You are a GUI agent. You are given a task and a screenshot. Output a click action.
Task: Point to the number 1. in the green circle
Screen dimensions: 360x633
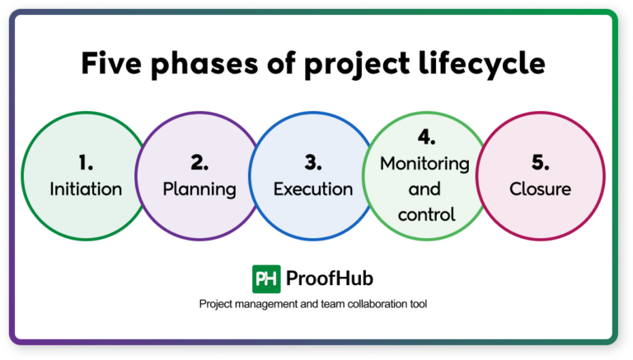(86, 162)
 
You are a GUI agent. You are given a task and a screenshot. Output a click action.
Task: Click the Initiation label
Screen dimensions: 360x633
(86, 189)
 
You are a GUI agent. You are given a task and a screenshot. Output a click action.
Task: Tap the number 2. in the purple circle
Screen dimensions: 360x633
(199, 162)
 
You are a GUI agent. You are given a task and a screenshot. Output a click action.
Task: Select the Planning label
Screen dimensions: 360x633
(199, 189)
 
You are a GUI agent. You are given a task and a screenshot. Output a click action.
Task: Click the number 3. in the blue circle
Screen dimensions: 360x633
(313, 162)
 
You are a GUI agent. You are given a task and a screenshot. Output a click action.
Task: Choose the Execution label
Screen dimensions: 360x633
(313, 189)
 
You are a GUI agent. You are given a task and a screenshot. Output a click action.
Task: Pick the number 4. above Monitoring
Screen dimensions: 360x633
(425, 135)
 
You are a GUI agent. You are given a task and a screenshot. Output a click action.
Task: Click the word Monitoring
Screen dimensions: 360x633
(425, 163)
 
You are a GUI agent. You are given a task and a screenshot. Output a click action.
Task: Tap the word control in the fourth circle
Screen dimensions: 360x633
(425, 216)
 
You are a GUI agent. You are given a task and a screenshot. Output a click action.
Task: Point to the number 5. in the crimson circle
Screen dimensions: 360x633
(540, 162)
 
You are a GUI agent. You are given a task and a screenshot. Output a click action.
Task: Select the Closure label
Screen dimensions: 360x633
(540, 189)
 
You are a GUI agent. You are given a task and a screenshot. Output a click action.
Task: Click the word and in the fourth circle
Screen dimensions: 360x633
(425, 189)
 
